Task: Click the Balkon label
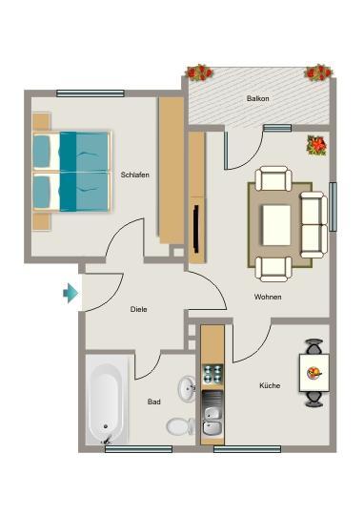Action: (257, 98)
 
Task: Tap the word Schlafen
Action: (133, 175)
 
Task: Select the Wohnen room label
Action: (268, 297)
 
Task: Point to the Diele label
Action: (140, 309)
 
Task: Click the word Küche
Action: (269, 385)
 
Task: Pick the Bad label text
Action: (153, 402)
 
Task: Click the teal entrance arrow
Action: (71, 294)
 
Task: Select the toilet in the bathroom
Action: (178, 425)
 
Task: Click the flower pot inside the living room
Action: (316, 146)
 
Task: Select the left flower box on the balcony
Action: (199, 72)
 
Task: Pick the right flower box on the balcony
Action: (318, 72)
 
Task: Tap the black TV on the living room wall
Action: (194, 224)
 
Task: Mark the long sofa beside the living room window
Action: (312, 223)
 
